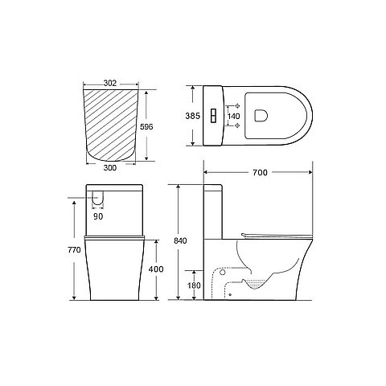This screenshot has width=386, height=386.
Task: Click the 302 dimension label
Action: pos(110,84)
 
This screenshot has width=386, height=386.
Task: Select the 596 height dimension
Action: pos(146,126)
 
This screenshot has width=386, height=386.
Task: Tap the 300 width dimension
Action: pos(110,168)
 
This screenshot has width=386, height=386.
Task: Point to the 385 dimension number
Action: pos(192,116)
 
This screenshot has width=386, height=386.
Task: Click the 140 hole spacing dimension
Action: pos(233,116)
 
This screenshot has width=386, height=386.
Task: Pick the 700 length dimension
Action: pos(260,172)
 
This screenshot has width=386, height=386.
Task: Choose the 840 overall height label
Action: pos(180,240)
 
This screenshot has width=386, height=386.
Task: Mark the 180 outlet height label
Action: pos(194,285)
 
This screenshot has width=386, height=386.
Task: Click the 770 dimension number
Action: pos(74,250)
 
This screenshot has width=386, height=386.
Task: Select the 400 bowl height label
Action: pos(156,269)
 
